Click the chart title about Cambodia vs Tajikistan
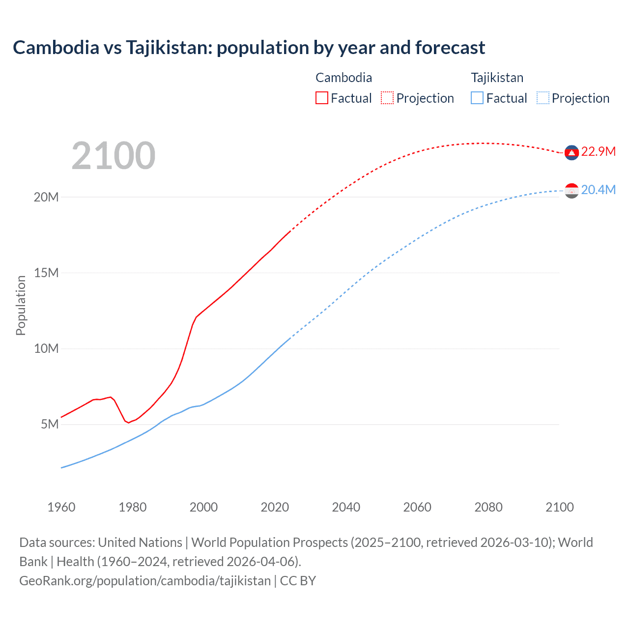point(249,48)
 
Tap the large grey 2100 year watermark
point(114,156)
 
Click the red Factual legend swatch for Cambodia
point(321,98)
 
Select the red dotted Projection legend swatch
point(387,98)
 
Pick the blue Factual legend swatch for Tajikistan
point(477,98)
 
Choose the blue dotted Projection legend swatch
point(543,98)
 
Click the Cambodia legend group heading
point(343,78)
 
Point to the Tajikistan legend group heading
point(497,78)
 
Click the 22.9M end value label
point(598,151)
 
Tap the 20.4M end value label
point(598,190)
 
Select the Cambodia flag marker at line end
point(572,153)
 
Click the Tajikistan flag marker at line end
point(572,191)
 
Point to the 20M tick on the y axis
point(46,197)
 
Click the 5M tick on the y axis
point(50,424)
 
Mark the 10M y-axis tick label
point(46,348)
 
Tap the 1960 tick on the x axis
point(61,507)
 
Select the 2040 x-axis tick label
point(346,507)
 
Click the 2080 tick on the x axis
point(488,507)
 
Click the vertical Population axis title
point(21,305)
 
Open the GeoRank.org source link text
point(145,581)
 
